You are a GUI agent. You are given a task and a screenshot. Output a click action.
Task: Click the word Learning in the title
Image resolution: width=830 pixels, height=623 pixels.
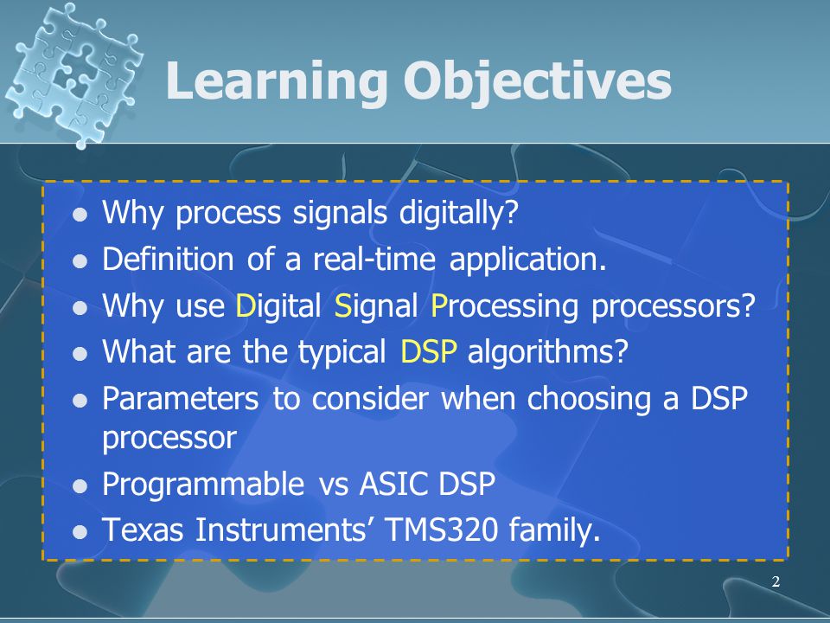pos(277,80)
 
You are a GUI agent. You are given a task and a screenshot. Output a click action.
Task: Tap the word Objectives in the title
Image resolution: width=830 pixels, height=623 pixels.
pos(537,80)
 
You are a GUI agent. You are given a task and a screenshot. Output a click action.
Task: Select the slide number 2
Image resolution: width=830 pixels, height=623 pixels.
pos(776,581)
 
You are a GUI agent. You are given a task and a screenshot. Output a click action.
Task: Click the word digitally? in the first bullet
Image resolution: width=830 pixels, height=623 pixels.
pos(458,213)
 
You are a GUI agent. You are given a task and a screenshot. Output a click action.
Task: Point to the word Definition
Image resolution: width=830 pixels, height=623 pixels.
pos(168,259)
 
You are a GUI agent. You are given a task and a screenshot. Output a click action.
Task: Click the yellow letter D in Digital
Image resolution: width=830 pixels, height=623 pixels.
pos(246,305)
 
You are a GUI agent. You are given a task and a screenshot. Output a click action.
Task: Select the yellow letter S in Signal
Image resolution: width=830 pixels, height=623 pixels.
pos(343,305)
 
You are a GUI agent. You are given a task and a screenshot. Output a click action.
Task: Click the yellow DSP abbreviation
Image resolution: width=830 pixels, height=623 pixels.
pos(429,351)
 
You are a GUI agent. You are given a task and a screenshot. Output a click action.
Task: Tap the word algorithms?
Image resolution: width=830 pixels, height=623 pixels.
pos(548,352)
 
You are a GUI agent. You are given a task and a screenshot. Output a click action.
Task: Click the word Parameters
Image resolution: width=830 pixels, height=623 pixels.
pos(181,398)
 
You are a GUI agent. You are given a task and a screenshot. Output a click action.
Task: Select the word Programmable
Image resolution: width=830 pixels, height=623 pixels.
pos(203,485)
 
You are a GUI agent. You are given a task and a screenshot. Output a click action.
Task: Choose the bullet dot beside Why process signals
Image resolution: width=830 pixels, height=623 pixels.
pos(80,215)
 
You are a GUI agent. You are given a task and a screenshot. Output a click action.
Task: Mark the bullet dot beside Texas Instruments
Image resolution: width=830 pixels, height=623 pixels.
pos(80,531)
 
